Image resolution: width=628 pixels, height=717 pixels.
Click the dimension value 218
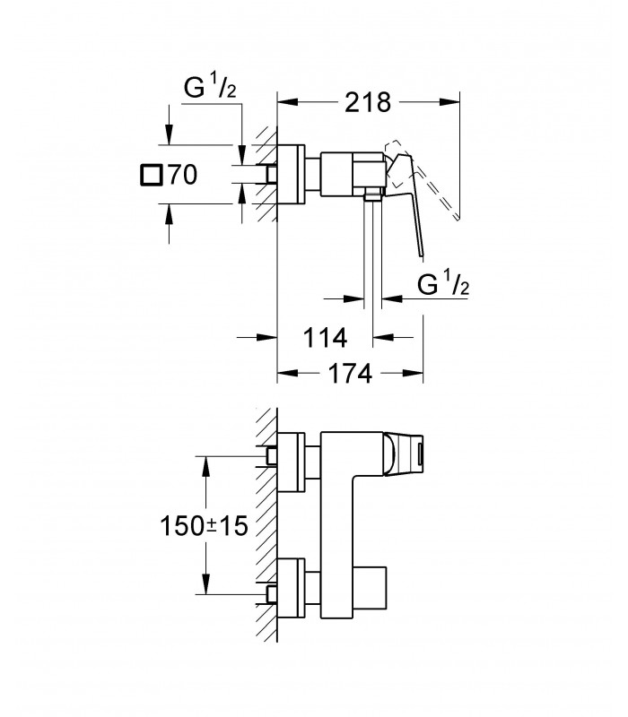pyautogui.click(x=368, y=102)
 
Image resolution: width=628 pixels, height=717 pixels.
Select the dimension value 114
pyautogui.click(x=326, y=339)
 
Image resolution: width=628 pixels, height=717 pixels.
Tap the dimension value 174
pyautogui.click(x=351, y=374)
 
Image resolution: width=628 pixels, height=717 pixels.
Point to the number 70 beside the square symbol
pyautogui.click(x=183, y=175)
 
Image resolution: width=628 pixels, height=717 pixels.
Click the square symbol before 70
pyautogui.click(x=151, y=175)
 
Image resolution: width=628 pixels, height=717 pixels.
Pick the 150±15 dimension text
pyautogui.click(x=204, y=526)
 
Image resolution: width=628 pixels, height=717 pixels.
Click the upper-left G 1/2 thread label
pyautogui.click(x=210, y=87)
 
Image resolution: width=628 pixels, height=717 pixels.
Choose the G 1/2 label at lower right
pyautogui.click(x=443, y=284)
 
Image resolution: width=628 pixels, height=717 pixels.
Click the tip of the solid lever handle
pyautogui.click(x=422, y=257)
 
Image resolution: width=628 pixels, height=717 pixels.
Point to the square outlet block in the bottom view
pyautogui.click(x=371, y=589)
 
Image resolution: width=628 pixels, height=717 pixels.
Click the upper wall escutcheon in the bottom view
pyautogui.click(x=291, y=462)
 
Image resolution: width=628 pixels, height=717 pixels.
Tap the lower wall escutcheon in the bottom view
pyautogui.click(x=291, y=589)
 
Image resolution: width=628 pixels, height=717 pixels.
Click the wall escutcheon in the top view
pyautogui.click(x=291, y=175)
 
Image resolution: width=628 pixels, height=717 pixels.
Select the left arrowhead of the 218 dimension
pyautogui.click(x=288, y=102)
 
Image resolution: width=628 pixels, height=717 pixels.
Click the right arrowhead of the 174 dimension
pyautogui.click(x=413, y=374)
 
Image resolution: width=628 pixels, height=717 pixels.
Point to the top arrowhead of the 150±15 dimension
pyautogui.click(x=206, y=466)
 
